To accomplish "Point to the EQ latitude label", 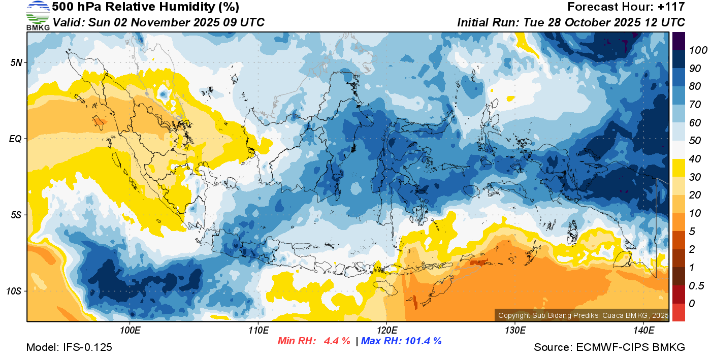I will (x=15, y=139).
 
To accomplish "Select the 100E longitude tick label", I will (x=130, y=331).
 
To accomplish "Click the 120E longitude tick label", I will (x=386, y=331).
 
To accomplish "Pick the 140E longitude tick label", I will (x=643, y=331).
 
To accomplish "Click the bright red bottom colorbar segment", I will (x=678, y=312).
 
